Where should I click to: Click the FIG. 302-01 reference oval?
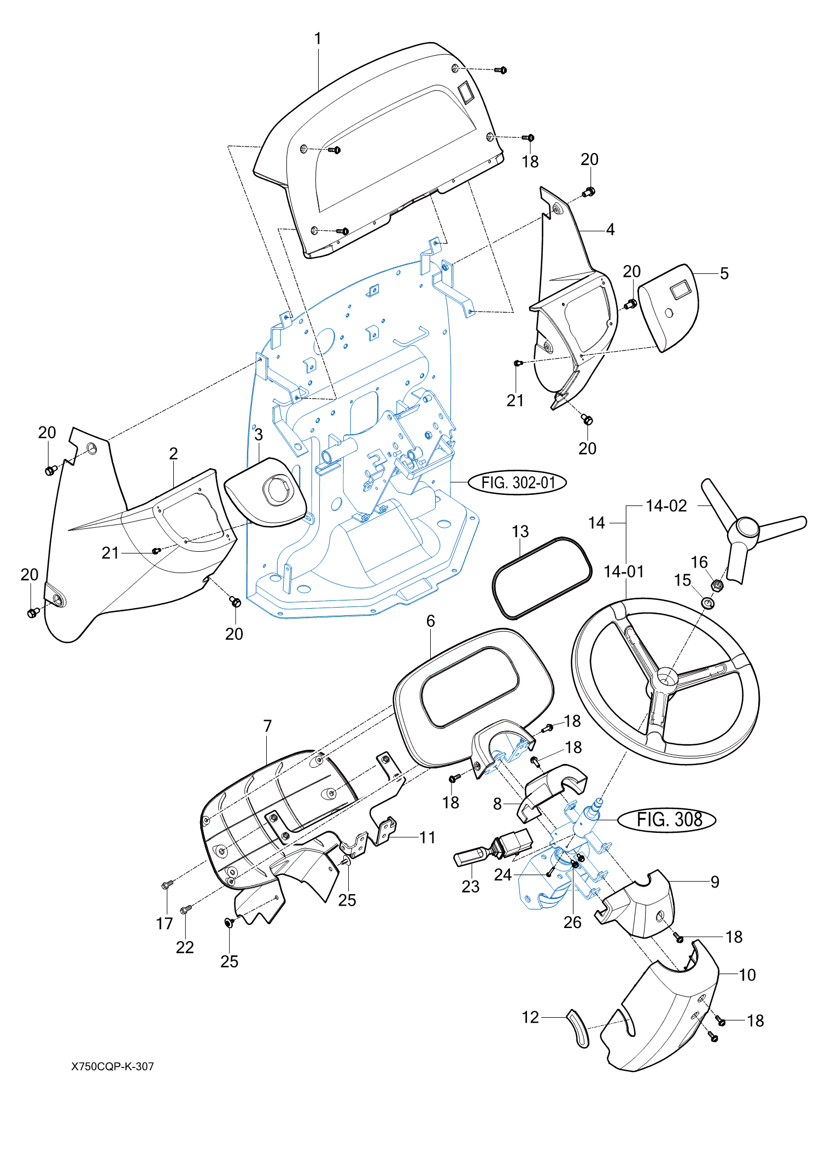tap(517, 483)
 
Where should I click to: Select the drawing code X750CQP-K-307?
tap(113, 1066)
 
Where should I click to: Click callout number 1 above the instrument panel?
tap(318, 39)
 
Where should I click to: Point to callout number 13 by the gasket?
tap(520, 532)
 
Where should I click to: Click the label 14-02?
tap(666, 506)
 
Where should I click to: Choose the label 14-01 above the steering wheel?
tap(624, 571)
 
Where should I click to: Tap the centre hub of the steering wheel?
tap(666, 678)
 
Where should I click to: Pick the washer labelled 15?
tap(708, 603)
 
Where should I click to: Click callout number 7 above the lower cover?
tap(267, 726)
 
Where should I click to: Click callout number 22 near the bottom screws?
tap(185, 947)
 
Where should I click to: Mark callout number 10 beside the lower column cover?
tap(747, 975)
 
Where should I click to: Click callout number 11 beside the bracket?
tap(427, 837)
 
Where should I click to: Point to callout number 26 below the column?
tap(572, 923)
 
